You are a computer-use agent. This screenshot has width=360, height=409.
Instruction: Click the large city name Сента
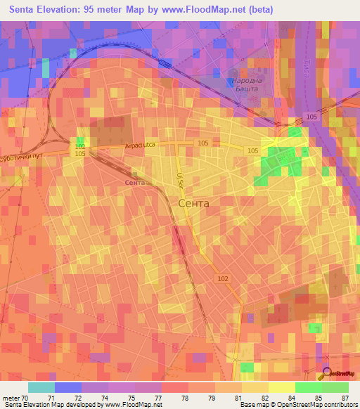click(194, 203)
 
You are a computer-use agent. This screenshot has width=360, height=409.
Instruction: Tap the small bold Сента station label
click(134, 183)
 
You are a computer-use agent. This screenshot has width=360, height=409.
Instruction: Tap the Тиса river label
click(311, 64)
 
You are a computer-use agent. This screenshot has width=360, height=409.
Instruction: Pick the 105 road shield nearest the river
click(310, 117)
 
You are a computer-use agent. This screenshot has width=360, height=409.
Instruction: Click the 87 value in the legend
click(335, 397)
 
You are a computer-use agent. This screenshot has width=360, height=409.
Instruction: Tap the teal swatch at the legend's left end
click(41, 387)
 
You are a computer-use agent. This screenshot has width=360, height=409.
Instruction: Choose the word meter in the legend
click(11, 397)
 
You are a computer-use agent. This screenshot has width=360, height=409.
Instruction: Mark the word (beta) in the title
click(259, 10)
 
